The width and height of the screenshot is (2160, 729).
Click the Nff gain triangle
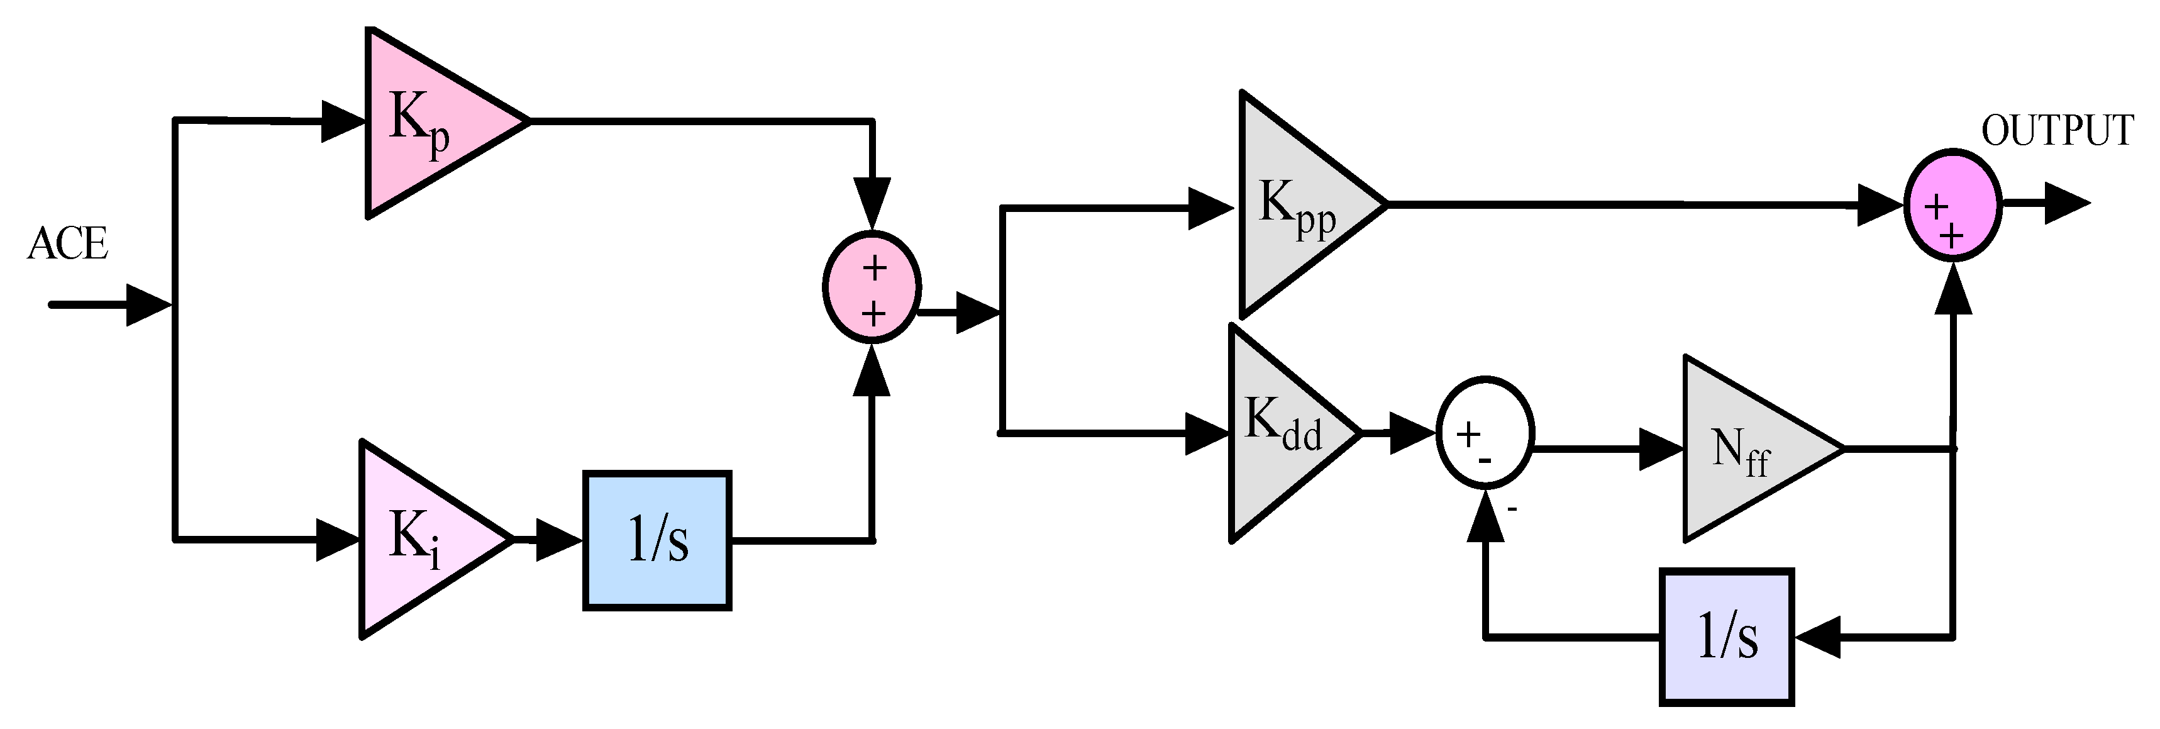pos(1744,450)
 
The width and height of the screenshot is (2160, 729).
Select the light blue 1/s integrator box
pos(657,540)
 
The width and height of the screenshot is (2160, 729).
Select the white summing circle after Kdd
pos(1486,431)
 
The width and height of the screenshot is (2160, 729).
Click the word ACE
pos(67,245)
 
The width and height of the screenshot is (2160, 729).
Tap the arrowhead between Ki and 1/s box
pos(558,540)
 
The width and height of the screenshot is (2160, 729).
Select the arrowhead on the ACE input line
pos(149,304)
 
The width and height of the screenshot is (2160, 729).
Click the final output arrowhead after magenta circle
pos(2067,204)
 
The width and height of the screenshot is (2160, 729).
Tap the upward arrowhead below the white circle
pos(1486,513)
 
